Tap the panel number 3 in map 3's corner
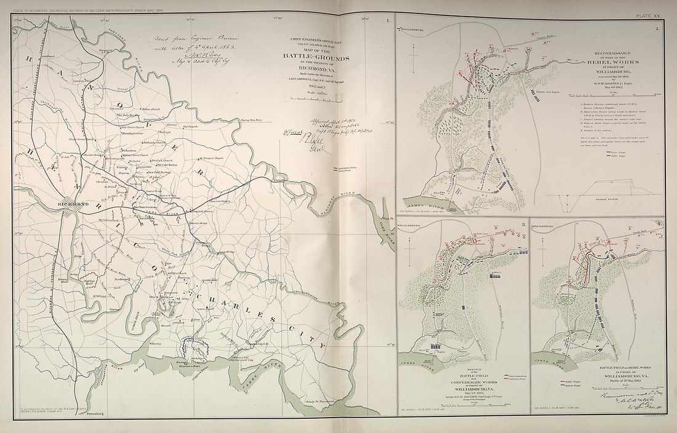coord(523,224)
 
